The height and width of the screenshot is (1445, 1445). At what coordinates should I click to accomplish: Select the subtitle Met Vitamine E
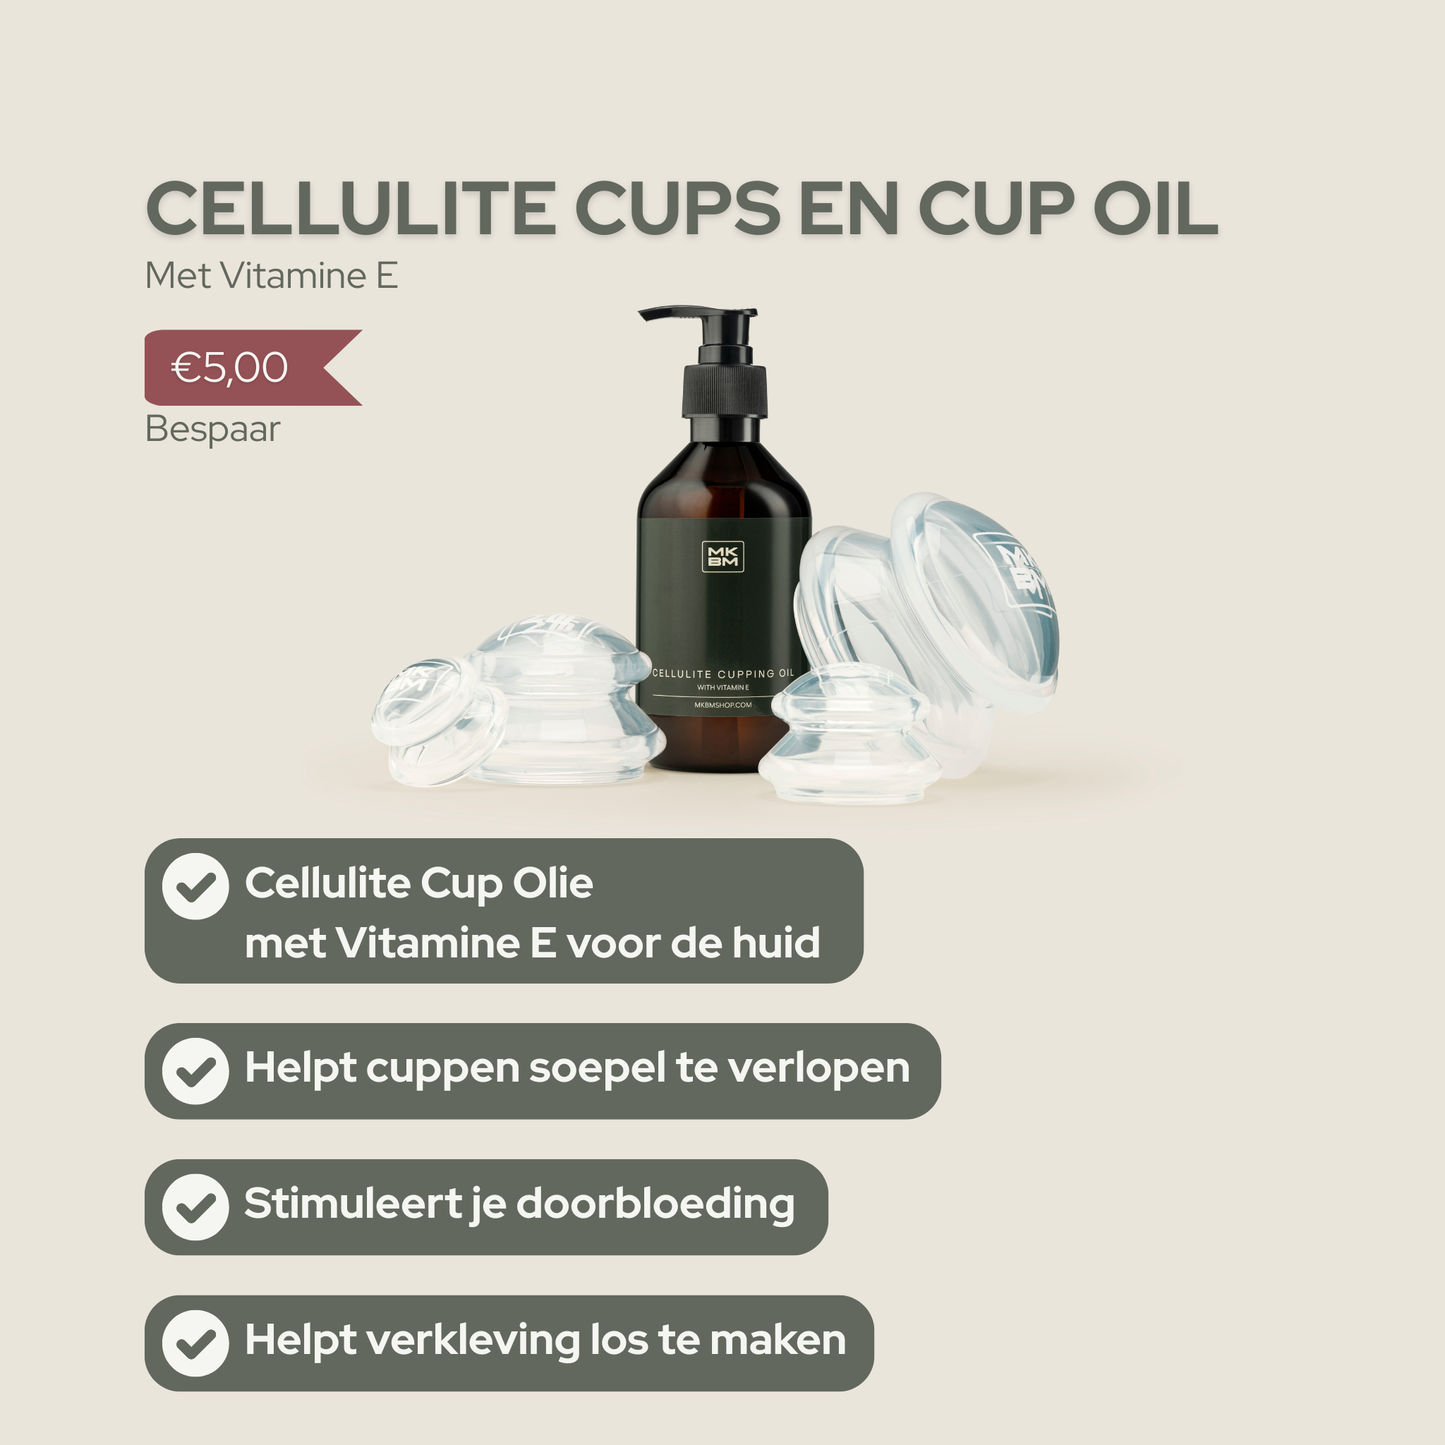271,276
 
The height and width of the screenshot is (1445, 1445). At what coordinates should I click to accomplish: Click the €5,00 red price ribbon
240,368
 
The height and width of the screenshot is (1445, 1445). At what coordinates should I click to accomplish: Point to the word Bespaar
212,429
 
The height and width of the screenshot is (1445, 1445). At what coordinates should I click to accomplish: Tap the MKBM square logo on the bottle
723,556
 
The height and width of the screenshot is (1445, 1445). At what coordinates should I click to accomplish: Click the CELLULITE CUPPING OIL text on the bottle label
723,673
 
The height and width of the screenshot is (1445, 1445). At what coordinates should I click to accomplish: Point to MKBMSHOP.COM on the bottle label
723,705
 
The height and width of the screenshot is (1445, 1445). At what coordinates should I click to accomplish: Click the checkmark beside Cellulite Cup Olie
196,886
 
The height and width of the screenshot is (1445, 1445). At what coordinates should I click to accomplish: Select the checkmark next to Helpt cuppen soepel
196,1071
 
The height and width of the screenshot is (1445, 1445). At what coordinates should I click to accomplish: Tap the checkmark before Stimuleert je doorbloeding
196,1207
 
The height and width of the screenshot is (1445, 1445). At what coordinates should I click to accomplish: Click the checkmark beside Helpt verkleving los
196,1343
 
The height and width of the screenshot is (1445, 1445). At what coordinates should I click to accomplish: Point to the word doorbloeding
655,1204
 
